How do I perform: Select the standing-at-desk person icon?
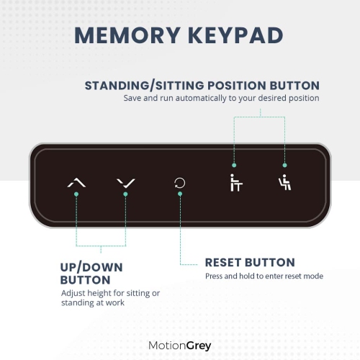[233, 182]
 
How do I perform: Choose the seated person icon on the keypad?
[284, 182]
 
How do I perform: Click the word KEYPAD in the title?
[236, 36]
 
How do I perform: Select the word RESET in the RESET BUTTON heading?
[227, 262]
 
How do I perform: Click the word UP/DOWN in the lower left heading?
[91, 267]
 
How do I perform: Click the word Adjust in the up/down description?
[73, 294]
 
